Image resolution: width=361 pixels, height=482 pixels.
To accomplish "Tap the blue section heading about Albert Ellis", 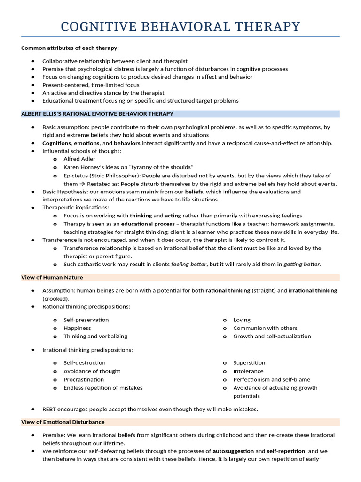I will point(97,114).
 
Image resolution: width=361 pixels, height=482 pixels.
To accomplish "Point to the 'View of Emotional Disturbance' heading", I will point(63,422).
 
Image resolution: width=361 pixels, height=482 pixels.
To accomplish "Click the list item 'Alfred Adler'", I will point(79,159).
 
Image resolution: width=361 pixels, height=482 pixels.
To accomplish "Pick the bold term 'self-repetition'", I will point(287,451).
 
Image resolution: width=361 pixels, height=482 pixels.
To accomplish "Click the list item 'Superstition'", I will point(249,363).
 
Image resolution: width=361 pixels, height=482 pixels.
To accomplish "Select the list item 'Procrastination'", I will point(84,379).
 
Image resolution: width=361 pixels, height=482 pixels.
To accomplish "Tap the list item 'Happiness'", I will point(77,328).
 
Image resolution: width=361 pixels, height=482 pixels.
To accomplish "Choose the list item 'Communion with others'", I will point(265,328).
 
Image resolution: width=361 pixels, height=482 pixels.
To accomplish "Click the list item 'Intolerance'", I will point(248,371).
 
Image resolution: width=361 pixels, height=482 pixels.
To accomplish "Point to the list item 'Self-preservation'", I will point(86,320).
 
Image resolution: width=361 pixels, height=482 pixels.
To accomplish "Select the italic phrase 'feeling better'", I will point(188,264).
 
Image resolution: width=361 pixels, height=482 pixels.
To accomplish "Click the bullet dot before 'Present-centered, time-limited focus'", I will point(33,85).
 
